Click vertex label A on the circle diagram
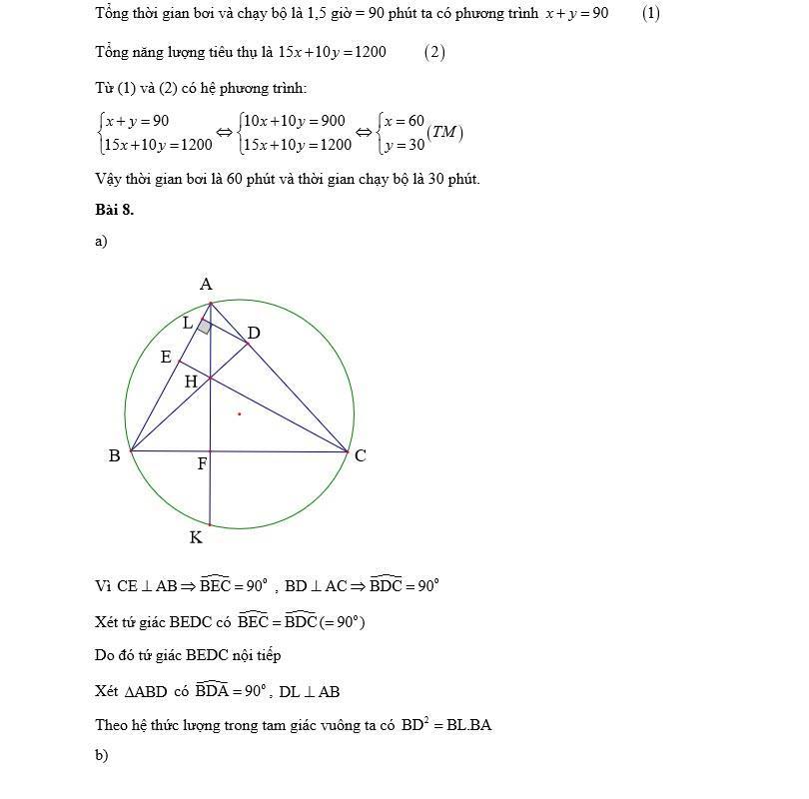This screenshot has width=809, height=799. point(206,285)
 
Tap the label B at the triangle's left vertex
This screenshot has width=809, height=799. point(114,456)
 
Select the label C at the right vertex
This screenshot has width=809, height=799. point(361,455)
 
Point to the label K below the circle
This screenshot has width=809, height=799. point(196,538)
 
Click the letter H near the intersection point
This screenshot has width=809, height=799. point(190,381)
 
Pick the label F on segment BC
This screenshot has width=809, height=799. point(202,464)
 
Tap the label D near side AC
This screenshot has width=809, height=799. point(254,333)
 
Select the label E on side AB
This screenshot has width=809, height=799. point(166,357)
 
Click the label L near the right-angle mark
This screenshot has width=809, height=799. point(187,323)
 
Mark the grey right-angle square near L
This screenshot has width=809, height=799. point(204,327)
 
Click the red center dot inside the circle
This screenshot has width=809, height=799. point(239,412)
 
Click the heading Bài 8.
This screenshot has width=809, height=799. point(114,210)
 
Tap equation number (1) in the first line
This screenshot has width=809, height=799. point(650,13)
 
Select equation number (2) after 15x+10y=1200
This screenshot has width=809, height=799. point(433,52)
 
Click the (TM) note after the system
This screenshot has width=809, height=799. point(444,133)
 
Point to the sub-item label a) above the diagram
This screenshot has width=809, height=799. point(101,241)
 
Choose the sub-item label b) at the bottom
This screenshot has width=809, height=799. point(101,756)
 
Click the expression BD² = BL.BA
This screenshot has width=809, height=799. point(446,725)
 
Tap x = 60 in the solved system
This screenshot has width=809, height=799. point(404,121)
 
